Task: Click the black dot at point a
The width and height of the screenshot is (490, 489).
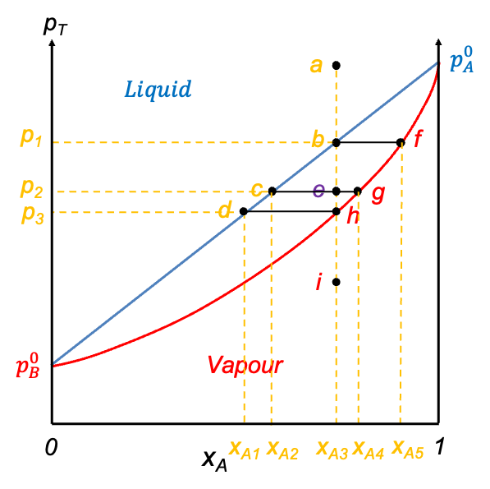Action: click(x=337, y=66)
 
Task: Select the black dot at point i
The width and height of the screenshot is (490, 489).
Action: click(x=337, y=282)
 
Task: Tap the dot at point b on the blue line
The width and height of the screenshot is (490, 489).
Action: click(x=337, y=143)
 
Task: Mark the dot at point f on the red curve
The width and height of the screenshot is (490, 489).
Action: click(x=401, y=143)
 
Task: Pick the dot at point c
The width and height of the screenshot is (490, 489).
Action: click(x=272, y=191)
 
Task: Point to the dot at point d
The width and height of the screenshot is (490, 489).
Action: click(x=244, y=212)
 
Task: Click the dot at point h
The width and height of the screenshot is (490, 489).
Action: click(x=337, y=211)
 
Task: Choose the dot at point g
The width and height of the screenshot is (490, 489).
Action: click(x=358, y=191)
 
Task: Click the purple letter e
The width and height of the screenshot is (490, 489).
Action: click(x=318, y=190)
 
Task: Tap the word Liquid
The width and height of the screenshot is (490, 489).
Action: click(x=158, y=90)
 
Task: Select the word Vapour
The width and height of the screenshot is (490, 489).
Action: click(x=245, y=365)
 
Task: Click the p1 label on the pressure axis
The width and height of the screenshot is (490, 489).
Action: click(x=31, y=137)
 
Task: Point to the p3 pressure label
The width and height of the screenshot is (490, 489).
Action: click(x=33, y=215)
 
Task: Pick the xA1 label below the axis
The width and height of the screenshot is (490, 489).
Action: click(x=245, y=450)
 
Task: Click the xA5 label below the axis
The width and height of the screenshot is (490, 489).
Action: click(x=408, y=450)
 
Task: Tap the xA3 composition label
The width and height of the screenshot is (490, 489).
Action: click(x=332, y=450)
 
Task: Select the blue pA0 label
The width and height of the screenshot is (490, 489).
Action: click(x=461, y=59)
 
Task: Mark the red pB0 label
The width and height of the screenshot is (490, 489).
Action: click(x=28, y=366)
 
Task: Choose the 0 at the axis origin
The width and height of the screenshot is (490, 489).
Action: click(x=51, y=447)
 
